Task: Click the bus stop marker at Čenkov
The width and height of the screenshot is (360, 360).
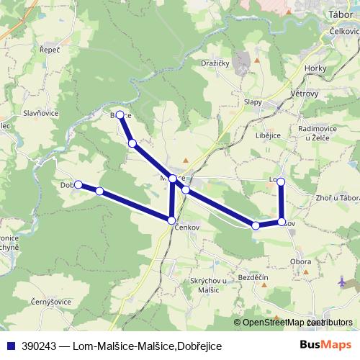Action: pos(171,220)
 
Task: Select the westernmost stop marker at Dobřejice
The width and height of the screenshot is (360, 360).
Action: pos(78,184)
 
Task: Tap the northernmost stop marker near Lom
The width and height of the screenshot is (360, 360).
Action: pos(282,181)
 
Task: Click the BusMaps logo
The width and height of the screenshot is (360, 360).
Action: pos(326,346)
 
